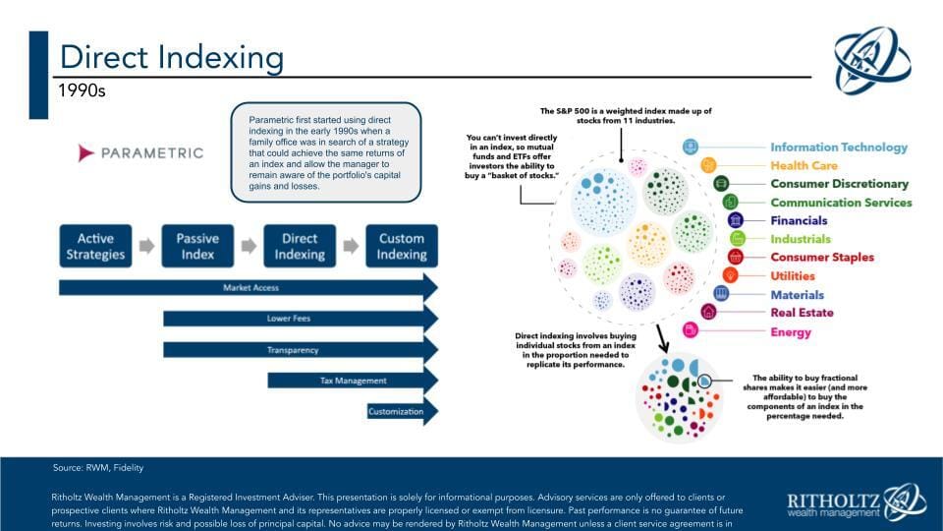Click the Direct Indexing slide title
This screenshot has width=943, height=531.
172,57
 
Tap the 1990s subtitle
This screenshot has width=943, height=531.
83,90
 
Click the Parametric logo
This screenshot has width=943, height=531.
140,152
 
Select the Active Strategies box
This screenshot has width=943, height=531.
95,246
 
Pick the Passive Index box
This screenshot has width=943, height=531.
196,246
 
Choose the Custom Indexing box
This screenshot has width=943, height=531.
402,246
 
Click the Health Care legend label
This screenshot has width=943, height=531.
804,166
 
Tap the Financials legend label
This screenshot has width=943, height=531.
799,221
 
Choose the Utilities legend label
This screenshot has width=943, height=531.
793,276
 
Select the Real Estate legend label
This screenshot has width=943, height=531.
802,313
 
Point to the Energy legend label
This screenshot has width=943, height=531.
791,332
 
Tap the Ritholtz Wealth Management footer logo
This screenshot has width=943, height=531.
856,501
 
